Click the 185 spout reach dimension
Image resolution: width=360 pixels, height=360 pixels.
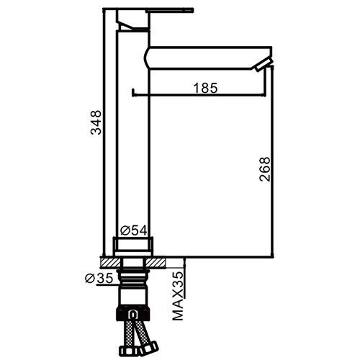[x=206, y=88]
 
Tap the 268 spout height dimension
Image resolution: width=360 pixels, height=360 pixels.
[x=265, y=169]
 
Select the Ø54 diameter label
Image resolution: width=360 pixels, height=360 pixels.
[x=133, y=230]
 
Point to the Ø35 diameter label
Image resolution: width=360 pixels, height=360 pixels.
[x=99, y=279]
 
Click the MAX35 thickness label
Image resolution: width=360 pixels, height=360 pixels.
[x=178, y=296]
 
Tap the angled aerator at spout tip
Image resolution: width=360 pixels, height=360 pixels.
[x=264, y=65]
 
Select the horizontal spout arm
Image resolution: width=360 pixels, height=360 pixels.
[x=208, y=58]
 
